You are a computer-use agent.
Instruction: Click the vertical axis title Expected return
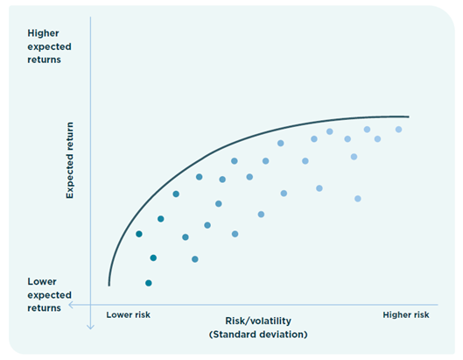70,160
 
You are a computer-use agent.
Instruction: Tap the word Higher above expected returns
43,33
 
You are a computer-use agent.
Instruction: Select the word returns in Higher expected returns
45,60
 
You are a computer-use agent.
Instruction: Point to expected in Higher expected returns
49,47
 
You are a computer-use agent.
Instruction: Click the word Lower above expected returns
42,281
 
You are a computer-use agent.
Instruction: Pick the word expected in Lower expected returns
49,295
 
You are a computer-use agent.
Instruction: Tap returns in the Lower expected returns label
45,308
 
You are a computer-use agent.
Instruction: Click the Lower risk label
128,314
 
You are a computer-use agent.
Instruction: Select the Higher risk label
406,314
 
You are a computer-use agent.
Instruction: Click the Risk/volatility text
258,321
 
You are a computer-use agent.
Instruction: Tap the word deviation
282,335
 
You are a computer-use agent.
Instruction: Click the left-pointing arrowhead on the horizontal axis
71,305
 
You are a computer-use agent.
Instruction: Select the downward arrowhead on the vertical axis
90,327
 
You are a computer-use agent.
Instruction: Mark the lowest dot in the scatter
149,283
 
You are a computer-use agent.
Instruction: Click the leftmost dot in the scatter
139,234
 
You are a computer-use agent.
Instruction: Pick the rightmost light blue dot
398,129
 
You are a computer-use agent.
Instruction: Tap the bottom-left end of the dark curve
109,286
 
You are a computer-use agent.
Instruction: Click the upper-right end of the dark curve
409,116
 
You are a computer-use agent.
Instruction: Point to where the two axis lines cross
90,305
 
